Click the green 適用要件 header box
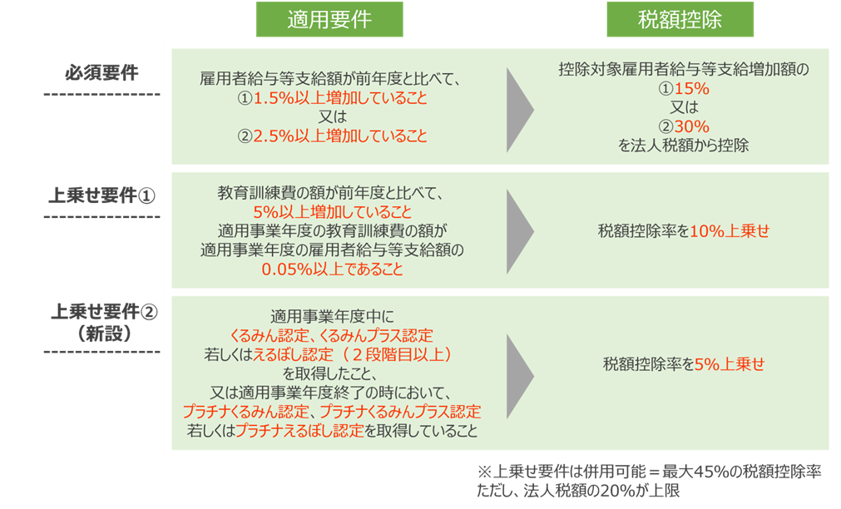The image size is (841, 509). click(x=329, y=19)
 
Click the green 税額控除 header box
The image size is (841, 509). click(x=680, y=19)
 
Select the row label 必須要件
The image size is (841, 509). click(x=102, y=72)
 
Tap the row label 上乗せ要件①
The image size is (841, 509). click(x=102, y=195)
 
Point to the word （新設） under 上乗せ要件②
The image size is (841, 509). click(x=104, y=334)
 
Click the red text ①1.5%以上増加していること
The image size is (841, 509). click(x=333, y=98)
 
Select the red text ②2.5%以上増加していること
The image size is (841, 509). click(x=333, y=136)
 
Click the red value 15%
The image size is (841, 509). click(x=692, y=88)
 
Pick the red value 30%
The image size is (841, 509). click(x=692, y=126)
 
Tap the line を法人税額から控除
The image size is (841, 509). click(x=683, y=146)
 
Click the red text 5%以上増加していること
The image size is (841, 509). click(x=333, y=211)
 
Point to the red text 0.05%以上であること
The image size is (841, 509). click(x=333, y=269)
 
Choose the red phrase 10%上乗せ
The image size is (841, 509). click(x=730, y=231)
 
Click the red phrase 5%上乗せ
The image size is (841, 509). click(x=730, y=364)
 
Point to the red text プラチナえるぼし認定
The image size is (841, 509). click(x=299, y=431)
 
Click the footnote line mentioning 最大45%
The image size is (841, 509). click(x=650, y=472)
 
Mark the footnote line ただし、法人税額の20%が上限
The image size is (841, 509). click(x=579, y=490)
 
